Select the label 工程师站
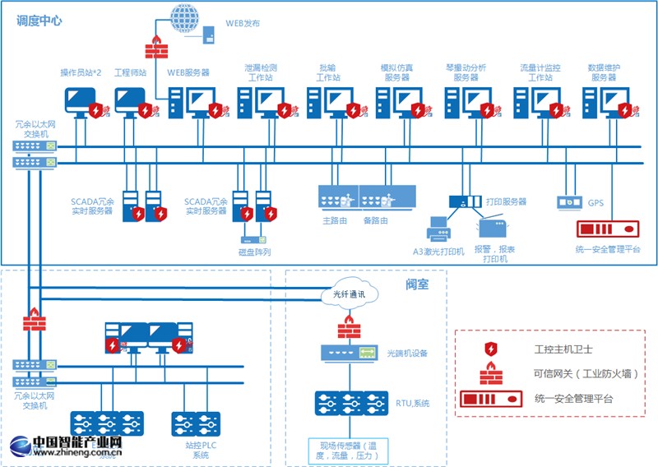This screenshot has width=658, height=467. pos(130,73)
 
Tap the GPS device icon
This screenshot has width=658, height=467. pos(568,201)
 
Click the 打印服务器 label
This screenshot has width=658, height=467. pos(507,201)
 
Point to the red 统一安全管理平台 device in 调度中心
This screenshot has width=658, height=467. pos(609,228)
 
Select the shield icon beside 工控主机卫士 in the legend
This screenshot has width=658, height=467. pos(491,349)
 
